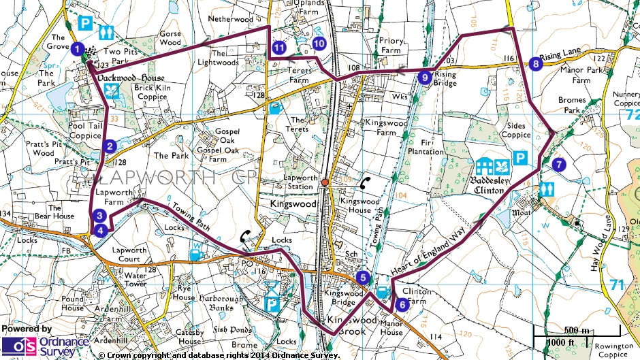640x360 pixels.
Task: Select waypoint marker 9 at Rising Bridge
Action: [x=425, y=78]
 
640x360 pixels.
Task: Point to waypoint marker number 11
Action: [x=279, y=48]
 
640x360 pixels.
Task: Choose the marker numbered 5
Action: [x=363, y=277]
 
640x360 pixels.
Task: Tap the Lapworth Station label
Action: [x=300, y=182]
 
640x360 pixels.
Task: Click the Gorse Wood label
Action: [x=170, y=37]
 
